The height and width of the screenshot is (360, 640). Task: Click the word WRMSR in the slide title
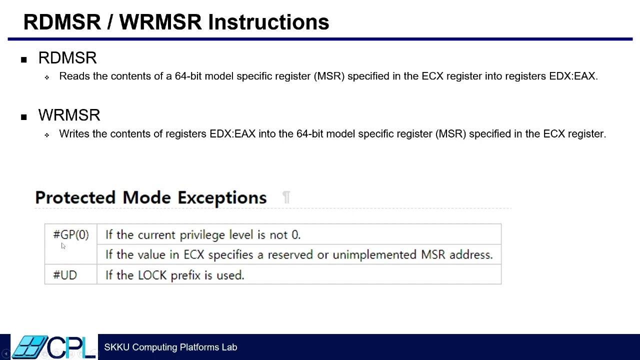(x=160, y=22)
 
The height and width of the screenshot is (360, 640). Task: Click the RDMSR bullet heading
(x=67, y=58)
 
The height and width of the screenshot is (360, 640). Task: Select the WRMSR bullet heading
(x=69, y=115)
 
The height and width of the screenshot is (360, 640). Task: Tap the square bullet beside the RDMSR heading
(x=23, y=59)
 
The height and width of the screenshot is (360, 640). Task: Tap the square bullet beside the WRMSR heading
(x=23, y=117)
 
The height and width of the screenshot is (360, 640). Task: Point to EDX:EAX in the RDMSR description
(x=572, y=76)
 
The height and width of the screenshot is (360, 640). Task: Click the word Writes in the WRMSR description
(x=74, y=134)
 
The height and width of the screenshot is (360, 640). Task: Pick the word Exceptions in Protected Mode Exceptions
(x=222, y=197)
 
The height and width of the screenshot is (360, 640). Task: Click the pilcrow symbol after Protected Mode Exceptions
(x=286, y=197)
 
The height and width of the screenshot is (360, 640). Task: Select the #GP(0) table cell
(x=71, y=234)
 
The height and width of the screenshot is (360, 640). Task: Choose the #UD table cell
(x=65, y=275)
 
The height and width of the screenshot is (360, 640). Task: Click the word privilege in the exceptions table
(x=202, y=235)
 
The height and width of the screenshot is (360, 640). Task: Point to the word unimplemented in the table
(x=375, y=255)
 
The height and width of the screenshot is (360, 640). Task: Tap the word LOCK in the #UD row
(x=152, y=275)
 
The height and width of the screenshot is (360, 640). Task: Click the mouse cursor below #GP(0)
(x=63, y=245)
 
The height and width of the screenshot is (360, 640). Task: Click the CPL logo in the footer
(x=54, y=347)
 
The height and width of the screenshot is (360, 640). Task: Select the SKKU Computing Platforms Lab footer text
(x=170, y=347)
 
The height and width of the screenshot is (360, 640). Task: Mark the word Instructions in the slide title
(x=268, y=22)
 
